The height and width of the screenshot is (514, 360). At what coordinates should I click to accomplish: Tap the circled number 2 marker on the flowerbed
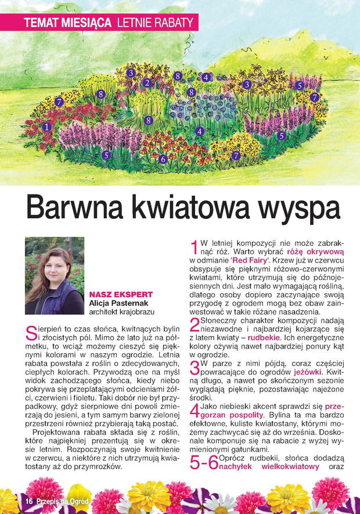tap(147, 83)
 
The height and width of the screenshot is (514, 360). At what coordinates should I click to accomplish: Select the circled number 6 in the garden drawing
tap(163, 159)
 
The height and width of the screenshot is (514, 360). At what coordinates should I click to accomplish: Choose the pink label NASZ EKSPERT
tap(121, 294)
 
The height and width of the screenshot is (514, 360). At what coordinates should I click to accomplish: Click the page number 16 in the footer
tap(27, 501)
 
